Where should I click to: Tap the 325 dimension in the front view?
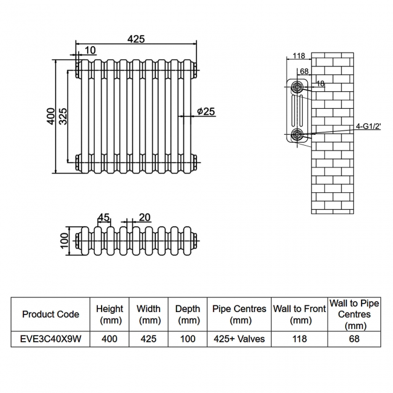tap(62, 115)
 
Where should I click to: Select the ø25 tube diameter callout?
tap(206, 111)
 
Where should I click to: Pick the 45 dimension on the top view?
tap(103, 218)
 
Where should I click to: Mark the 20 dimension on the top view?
tap(145, 218)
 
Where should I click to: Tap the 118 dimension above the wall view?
tap(298, 56)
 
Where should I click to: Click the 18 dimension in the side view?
tap(320, 84)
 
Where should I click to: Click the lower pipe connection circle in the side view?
tap(297, 134)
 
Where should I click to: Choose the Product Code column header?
tap(50, 314)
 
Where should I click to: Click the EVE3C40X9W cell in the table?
tap(50, 339)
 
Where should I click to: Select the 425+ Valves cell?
tap(239, 339)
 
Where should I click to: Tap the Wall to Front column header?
tap(300, 314)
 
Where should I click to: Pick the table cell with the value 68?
tap(354, 339)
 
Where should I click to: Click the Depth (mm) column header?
tap(187, 314)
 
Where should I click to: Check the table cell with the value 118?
tap(300, 339)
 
